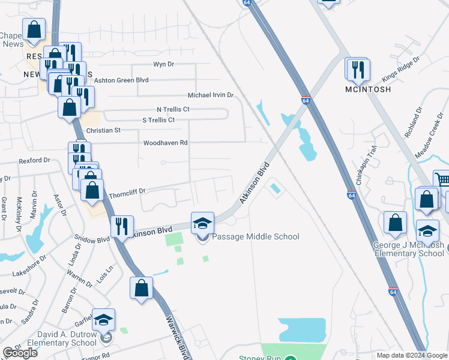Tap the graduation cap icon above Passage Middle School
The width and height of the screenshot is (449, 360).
(203, 224)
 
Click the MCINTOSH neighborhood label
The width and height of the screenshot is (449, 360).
(368, 89)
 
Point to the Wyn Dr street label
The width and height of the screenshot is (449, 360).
(163, 64)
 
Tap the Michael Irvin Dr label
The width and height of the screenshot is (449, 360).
(210, 95)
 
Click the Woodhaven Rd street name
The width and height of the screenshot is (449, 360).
(165, 143)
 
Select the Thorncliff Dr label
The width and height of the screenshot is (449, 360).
(127, 191)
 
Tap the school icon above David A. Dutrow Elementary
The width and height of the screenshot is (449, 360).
(104, 320)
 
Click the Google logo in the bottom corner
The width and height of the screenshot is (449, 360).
(20, 353)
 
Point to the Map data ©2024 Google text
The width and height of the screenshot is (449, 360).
(412, 355)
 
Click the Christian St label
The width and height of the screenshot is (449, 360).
(104, 130)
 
